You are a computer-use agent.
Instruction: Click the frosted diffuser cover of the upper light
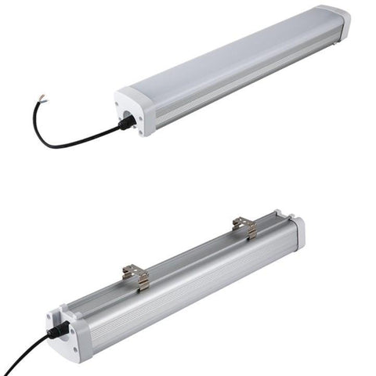235,55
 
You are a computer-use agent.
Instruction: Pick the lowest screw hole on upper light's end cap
140,132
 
